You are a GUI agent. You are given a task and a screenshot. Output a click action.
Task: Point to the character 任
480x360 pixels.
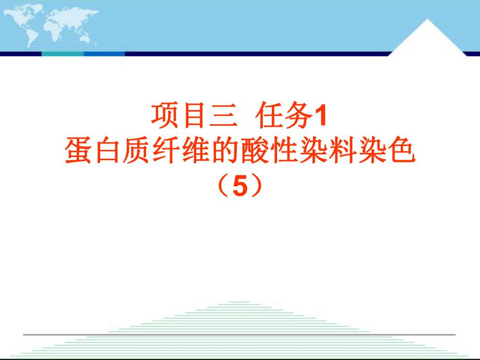click(269, 115)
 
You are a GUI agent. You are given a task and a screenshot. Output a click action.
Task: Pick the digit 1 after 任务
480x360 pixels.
click(320, 116)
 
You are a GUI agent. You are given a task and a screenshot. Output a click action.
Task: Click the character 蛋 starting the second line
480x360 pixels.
click(77, 152)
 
